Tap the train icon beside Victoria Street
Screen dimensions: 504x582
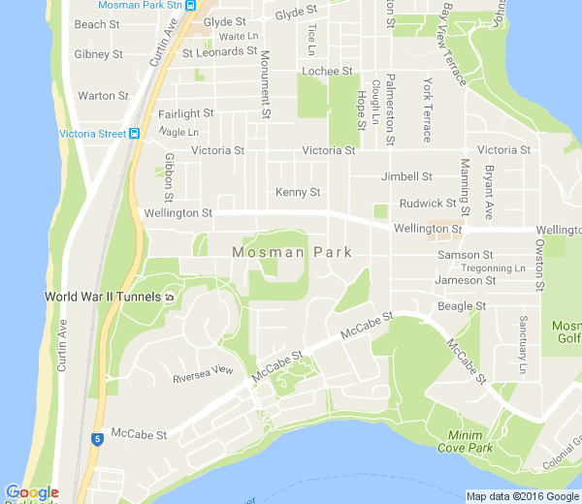pyautogui.click(x=135, y=134)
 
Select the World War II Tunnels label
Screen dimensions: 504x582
pyautogui.click(x=102, y=296)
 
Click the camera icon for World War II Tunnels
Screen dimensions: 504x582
pyautogui.click(x=169, y=297)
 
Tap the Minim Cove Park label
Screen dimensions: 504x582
pyautogui.click(x=470, y=441)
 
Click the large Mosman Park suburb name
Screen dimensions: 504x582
pyautogui.click(x=291, y=252)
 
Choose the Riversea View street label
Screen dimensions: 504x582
pyautogui.click(x=204, y=369)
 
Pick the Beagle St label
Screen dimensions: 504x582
pyautogui.click(x=462, y=306)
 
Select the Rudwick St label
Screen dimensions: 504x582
pyautogui.click(x=427, y=203)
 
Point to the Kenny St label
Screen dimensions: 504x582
pyautogui.click(x=296, y=192)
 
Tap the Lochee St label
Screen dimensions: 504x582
pyautogui.click(x=326, y=71)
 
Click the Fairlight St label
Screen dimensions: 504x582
pyautogui.click(x=185, y=113)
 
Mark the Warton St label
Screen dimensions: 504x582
pyautogui.click(x=103, y=96)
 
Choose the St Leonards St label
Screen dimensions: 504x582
pyautogui.click(x=224, y=51)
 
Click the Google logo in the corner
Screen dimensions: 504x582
pyautogui.click(x=31, y=492)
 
